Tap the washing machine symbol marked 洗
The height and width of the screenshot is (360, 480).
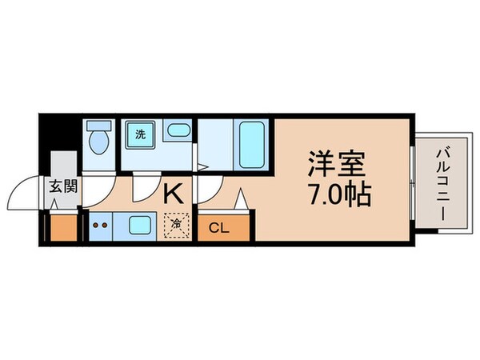coord(139,134)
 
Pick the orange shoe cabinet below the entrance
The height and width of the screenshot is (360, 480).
coord(61,229)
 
